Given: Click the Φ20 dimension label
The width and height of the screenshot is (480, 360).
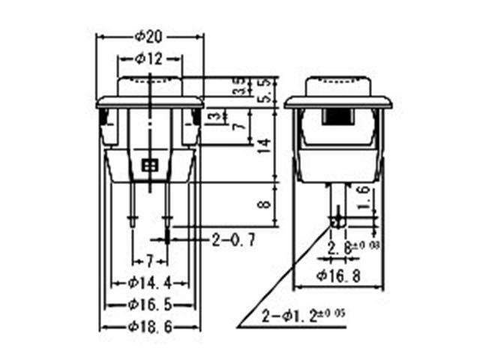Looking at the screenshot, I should point(150,36).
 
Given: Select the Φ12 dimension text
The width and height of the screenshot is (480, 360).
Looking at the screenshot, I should point(149,58).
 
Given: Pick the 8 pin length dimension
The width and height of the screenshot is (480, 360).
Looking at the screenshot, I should point(263,205).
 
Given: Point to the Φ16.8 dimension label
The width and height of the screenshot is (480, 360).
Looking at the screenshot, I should point(337,275).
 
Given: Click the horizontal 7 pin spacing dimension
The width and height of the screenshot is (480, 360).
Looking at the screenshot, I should point(149,261).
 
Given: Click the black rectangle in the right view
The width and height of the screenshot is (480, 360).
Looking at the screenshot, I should point(338,118).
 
